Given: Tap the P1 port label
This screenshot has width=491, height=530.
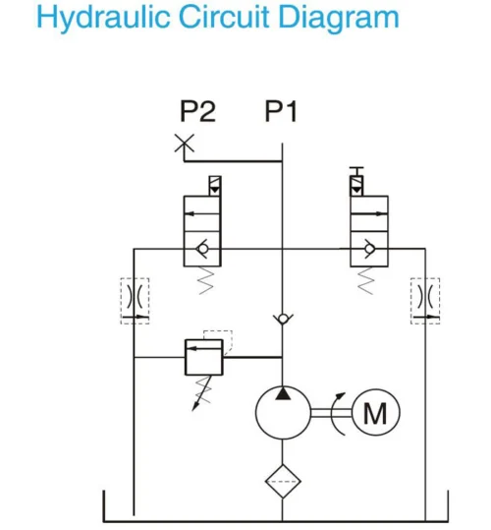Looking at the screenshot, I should tap(281, 111).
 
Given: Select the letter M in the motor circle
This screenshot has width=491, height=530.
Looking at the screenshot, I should tap(373, 414).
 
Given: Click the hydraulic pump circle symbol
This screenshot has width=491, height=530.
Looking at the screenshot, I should tap(283, 414).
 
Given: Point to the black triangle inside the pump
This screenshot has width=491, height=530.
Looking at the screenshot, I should tap(283, 393).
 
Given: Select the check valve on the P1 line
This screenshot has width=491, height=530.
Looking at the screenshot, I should tap(283, 320).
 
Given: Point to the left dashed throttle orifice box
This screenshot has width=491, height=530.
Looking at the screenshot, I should tap(136, 301).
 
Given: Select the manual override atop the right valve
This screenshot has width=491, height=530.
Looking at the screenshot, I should tap(357, 180).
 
